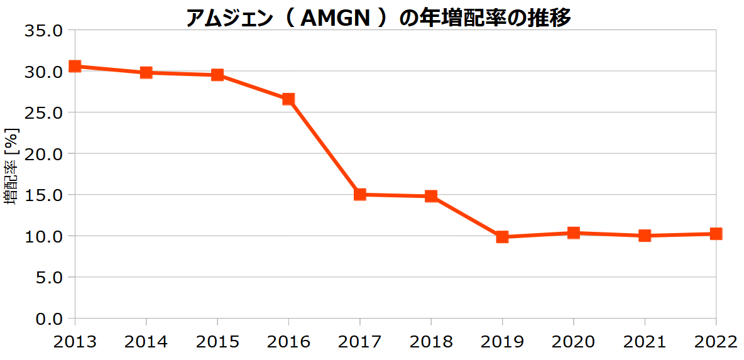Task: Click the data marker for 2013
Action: (x=75, y=66)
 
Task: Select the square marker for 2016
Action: (x=288, y=99)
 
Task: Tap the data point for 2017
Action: (x=359, y=195)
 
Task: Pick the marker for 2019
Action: (x=502, y=237)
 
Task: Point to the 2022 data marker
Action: (x=716, y=233)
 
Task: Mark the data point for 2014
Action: (x=146, y=73)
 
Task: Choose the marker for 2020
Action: (x=573, y=233)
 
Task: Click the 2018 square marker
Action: (x=431, y=196)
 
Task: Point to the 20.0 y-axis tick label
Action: (x=43, y=154)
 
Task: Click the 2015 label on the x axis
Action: (x=217, y=342)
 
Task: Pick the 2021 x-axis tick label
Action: (x=644, y=342)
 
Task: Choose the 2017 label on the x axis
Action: (x=359, y=342)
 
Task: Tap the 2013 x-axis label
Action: (x=75, y=342)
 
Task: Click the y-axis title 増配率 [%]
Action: (x=13, y=166)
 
